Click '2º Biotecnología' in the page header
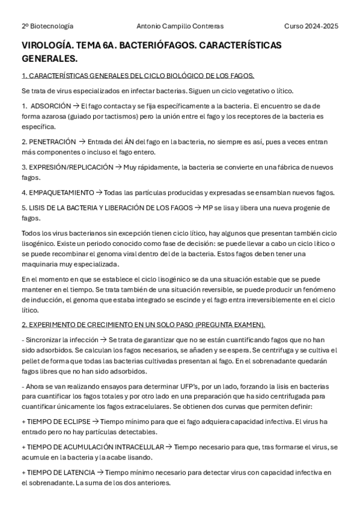click(x=47, y=26)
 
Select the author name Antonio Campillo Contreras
click(x=180, y=26)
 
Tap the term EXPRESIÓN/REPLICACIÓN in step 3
click(x=71, y=167)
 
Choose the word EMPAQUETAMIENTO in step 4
click(x=62, y=192)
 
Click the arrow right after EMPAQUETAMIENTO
click(x=99, y=192)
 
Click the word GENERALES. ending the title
click(x=49, y=59)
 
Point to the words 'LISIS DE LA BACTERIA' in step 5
click(x=64, y=207)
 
